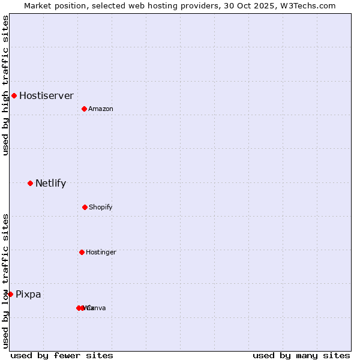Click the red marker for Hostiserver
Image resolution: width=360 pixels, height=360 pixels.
(x=14, y=95)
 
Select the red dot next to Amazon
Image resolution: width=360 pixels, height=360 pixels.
(x=85, y=109)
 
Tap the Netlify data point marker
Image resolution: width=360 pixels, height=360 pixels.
(x=30, y=183)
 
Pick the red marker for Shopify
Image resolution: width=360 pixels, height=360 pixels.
(x=85, y=207)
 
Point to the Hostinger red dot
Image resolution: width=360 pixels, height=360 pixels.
(x=82, y=252)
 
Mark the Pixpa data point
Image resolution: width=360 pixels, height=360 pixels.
(x=10, y=294)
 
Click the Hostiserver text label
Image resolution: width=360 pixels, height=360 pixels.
(x=46, y=95)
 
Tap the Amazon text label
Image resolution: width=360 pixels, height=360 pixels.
(x=101, y=109)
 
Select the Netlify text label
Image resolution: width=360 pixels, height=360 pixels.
(x=50, y=183)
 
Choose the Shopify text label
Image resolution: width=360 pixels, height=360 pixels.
(x=101, y=207)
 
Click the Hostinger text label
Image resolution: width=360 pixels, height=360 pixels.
(x=101, y=252)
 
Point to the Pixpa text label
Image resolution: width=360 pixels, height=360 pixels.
(x=28, y=294)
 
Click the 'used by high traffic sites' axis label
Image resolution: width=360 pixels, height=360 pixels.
(x=5, y=85)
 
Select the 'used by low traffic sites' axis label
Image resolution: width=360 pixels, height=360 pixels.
(x=5, y=281)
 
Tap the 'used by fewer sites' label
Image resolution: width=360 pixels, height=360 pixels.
(x=62, y=355)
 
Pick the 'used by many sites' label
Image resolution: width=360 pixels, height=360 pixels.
(x=301, y=355)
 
